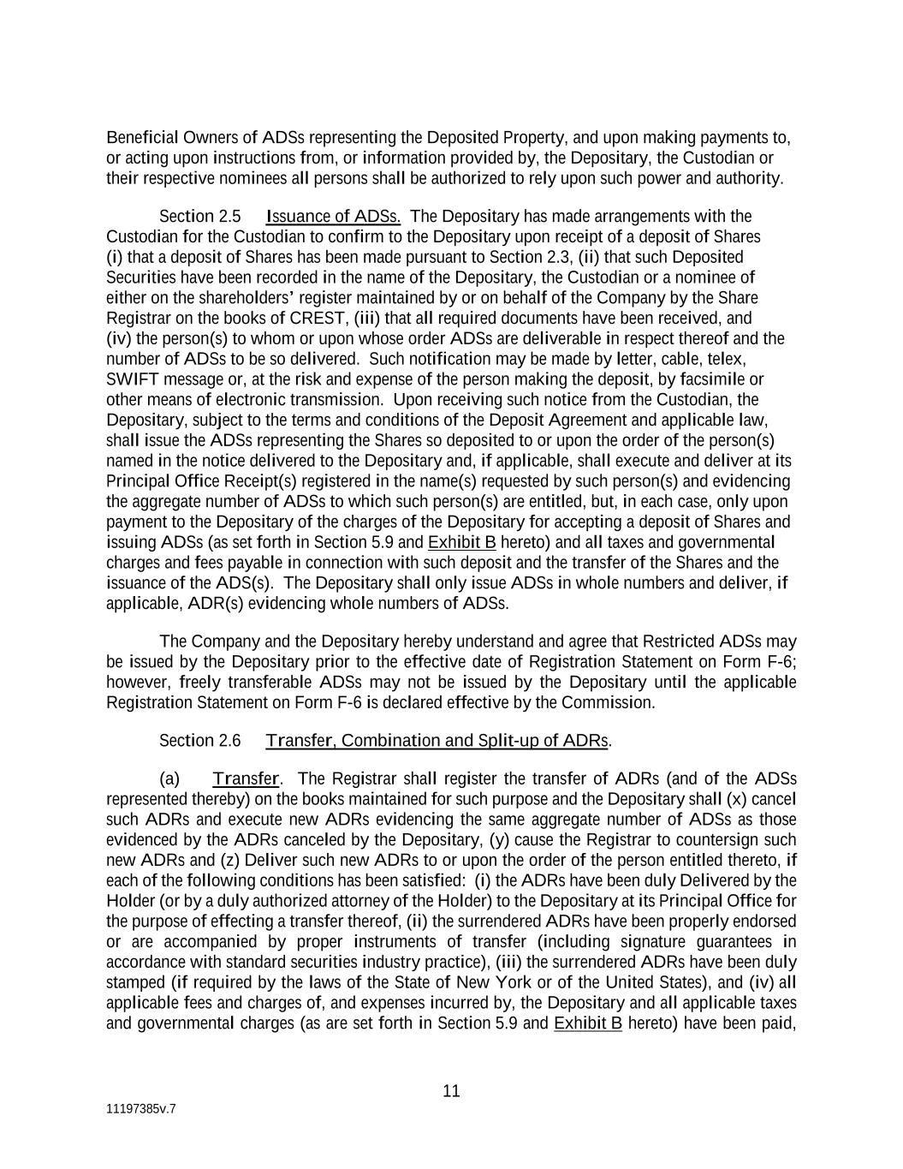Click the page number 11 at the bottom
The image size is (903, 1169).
point(451,1091)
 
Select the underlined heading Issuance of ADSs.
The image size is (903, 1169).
point(333,216)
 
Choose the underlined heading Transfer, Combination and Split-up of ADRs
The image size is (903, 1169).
point(437,740)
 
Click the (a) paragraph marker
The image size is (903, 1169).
point(169,778)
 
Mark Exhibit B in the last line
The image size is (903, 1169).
point(587,1023)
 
